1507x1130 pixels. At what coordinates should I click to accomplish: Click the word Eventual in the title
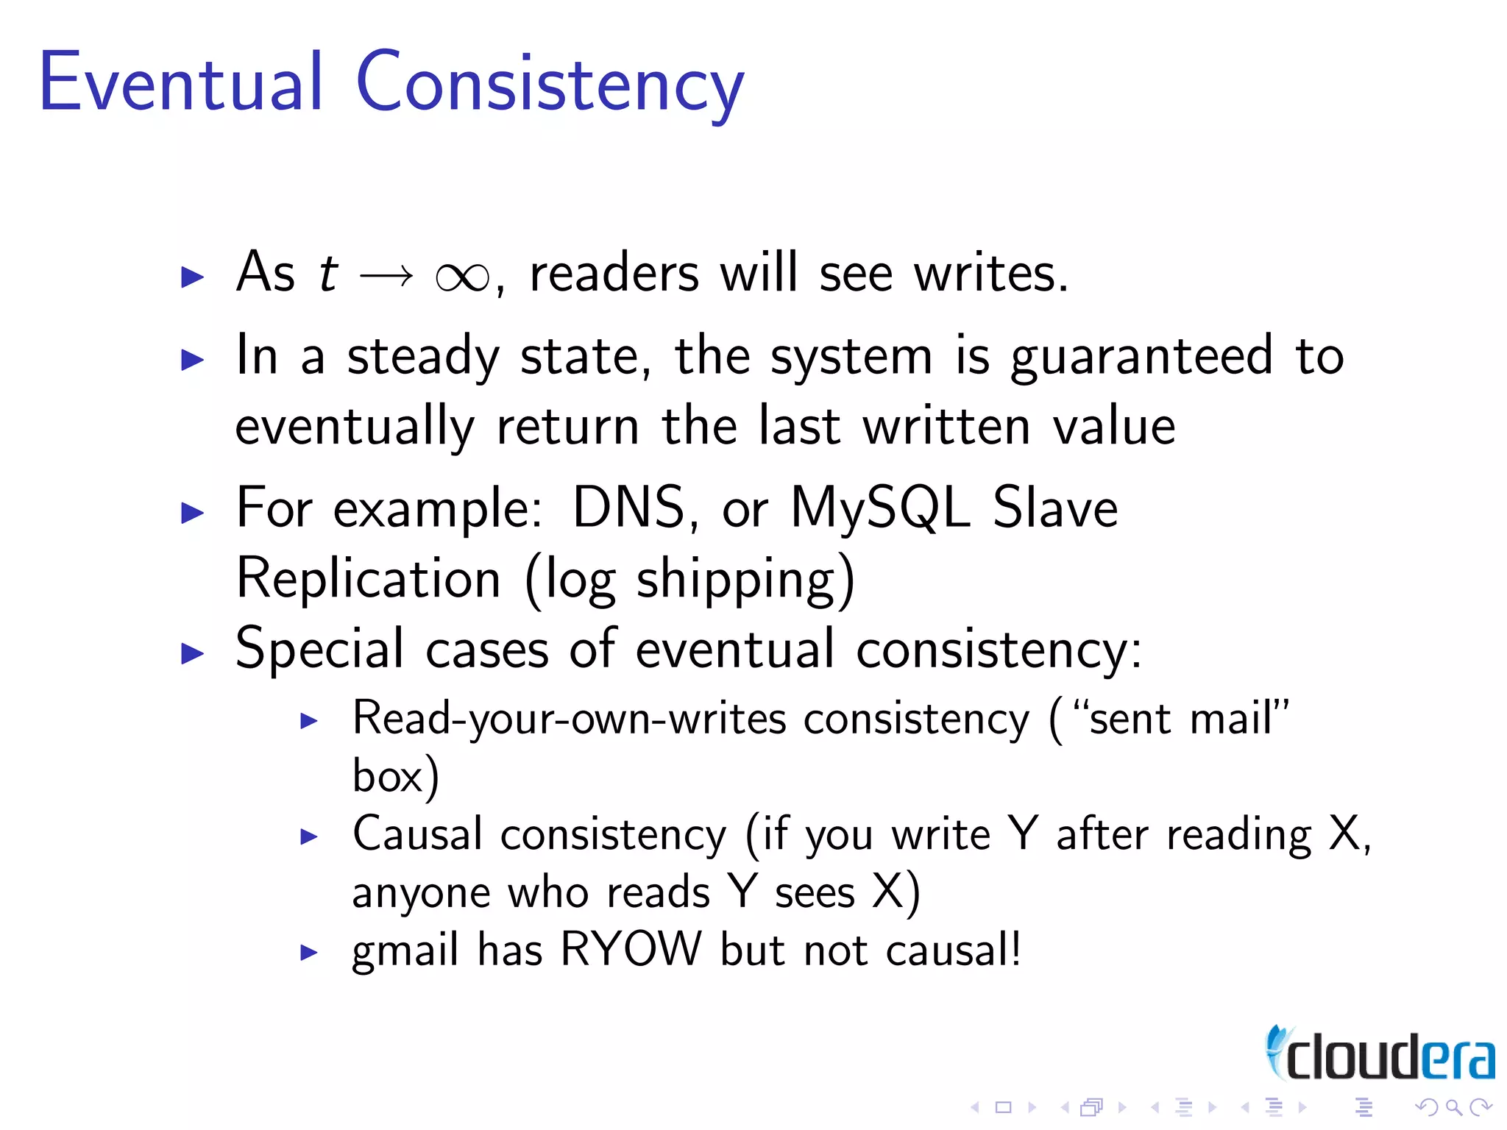pos(180,82)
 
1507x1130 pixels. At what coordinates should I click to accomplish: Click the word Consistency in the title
pos(550,85)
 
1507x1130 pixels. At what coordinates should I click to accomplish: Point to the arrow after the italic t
pos(386,277)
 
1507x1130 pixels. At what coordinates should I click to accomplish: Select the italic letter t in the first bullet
pos(328,274)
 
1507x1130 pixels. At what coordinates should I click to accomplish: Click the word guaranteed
pos(1141,358)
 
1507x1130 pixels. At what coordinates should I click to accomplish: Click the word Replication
pos(369,579)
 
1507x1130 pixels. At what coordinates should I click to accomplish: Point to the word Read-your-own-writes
pos(570,719)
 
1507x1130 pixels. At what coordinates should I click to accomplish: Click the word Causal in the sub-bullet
pos(417,835)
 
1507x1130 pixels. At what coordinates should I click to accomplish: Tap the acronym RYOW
pos(631,950)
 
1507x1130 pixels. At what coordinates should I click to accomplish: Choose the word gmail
pos(405,951)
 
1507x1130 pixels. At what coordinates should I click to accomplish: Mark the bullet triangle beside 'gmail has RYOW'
pos(309,953)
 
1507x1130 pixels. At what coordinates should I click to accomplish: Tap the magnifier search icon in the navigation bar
pos(1453,1107)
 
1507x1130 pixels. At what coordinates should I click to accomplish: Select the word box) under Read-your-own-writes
pos(395,777)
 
